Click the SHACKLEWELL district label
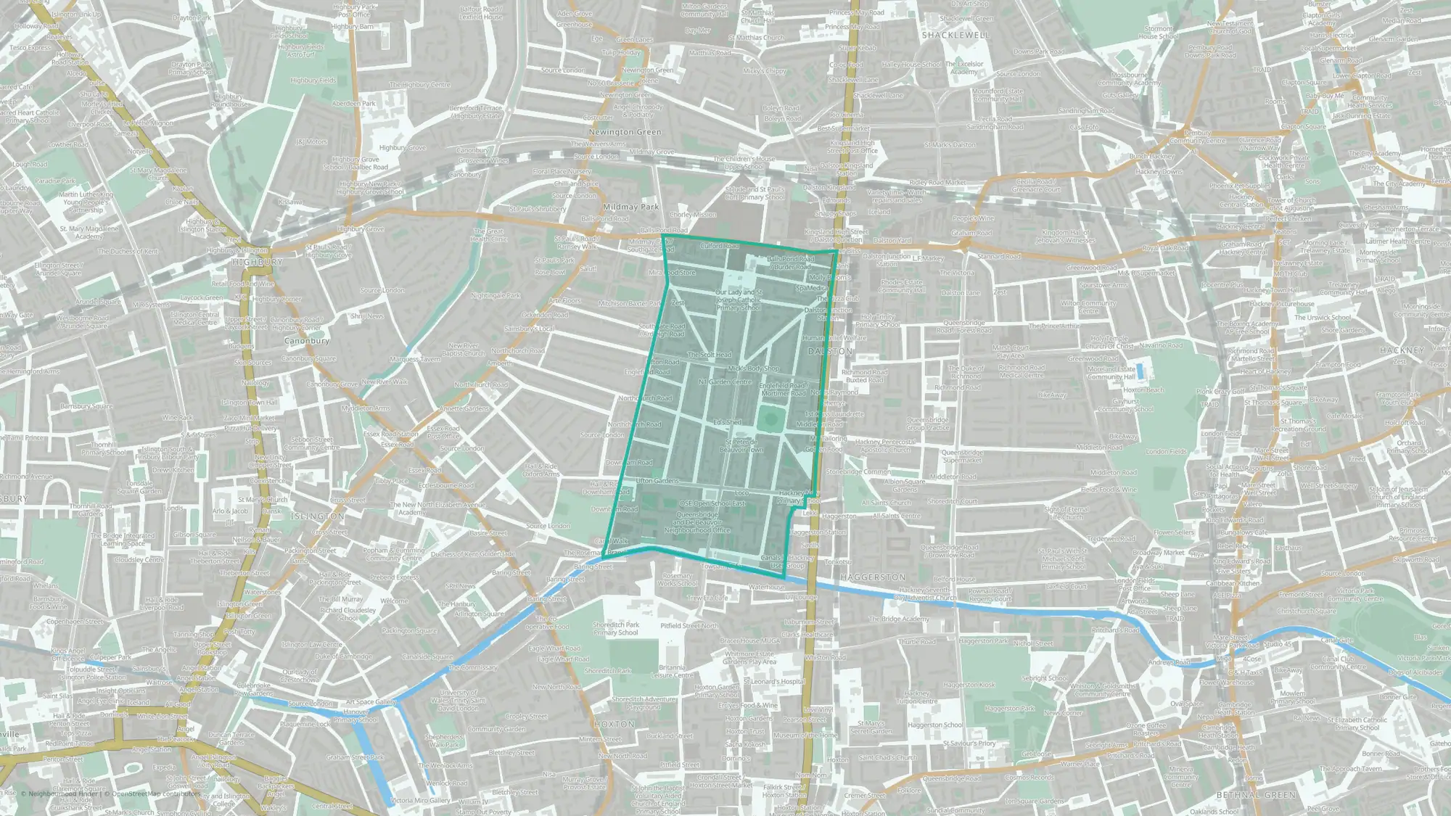point(955,35)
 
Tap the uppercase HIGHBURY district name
point(258,262)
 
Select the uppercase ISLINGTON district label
point(318,516)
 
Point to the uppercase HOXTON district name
point(614,724)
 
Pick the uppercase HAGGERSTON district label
point(873,577)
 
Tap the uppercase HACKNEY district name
point(1402,350)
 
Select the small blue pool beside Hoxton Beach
point(1140,372)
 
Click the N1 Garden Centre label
point(725,382)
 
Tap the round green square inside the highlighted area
point(768,419)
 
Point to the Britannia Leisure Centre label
point(672,671)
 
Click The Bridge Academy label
point(899,619)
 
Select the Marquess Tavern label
point(415,359)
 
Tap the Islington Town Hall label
point(250,403)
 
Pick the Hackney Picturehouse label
point(1282,304)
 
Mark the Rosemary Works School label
point(678,580)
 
